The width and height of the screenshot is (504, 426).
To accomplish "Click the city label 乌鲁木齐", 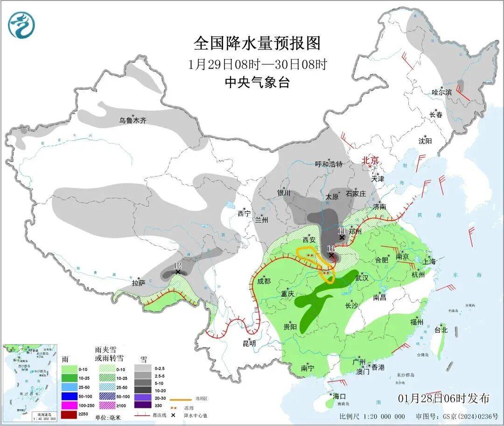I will coord(133,120).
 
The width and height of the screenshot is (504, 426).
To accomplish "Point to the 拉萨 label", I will coord(139,283).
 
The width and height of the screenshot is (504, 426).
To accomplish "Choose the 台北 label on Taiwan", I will coord(441,330).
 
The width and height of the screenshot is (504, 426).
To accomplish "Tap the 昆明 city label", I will coord(249,343).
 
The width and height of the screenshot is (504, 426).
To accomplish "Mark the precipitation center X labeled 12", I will coord(177,271).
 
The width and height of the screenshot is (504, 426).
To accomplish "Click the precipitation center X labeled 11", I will coord(342,237).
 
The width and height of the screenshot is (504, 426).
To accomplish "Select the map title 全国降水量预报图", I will coord(257,43).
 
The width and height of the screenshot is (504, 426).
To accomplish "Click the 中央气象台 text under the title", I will coord(257,83).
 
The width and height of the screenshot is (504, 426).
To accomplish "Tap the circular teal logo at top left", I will coord(21,25).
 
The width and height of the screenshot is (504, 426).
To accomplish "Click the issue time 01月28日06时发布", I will coord(444,398).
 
